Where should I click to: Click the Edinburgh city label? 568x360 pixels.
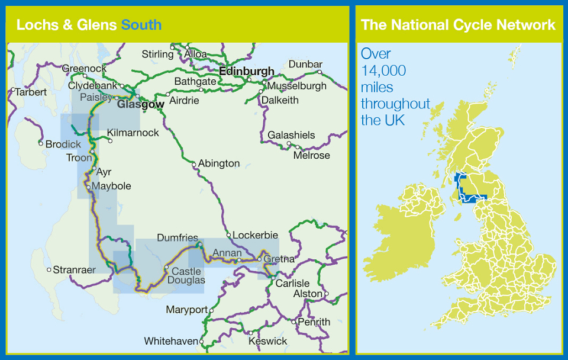pyautogui.click(x=247, y=72)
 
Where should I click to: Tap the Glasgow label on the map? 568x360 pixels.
pyautogui.click(x=140, y=105)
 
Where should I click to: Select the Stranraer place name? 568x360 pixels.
pyautogui.click(x=74, y=270)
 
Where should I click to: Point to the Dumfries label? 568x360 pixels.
pyautogui.click(x=177, y=238)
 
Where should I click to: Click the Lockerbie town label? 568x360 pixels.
pyautogui.click(x=255, y=235)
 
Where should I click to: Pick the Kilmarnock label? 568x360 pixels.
pyautogui.click(x=133, y=133)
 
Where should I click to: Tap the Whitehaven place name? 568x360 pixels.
pyautogui.click(x=171, y=342)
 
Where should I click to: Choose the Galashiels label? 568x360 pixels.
pyautogui.click(x=291, y=136)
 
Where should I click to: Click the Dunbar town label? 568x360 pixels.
pyautogui.click(x=305, y=65)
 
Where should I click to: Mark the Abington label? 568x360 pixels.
pyautogui.click(x=219, y=163)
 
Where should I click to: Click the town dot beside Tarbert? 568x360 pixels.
pyautogui.click(x=12, y=91)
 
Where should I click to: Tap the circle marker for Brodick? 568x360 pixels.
pyautogui.click(x=41, y=143)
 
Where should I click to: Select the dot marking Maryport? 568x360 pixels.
pyautogui.click(x=211, y=310)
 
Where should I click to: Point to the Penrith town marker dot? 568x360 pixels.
pyautogui.click(x=293, y=322)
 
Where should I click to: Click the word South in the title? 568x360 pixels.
pyautogui.click(x=141, y=25)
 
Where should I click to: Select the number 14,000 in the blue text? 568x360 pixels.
pyautogui.click(x=383, y=70)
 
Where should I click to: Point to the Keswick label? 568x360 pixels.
pyautogui.click(x=268, y=341)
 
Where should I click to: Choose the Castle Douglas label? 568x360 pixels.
pyautogui.click(x=187, y=275)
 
